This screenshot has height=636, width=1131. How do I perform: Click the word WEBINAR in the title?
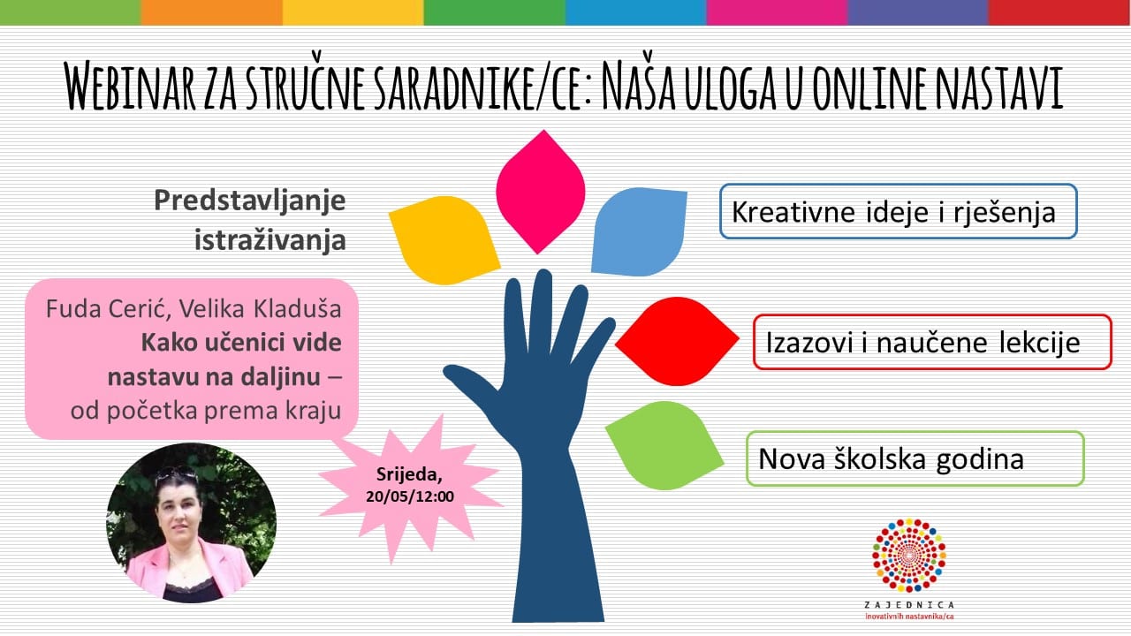(129, 85)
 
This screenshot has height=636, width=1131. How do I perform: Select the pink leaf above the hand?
(541, 192)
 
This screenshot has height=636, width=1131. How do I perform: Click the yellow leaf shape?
(444, 239)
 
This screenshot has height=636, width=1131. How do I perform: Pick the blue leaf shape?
(639, 232)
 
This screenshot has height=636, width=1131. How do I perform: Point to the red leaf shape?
(677, 341)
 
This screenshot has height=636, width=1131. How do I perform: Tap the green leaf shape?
(664, 446)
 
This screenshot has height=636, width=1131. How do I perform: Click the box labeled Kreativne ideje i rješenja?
(899, 211)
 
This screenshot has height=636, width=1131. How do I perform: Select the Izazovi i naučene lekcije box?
(932, 342)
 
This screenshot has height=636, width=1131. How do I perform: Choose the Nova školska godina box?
(915, 458)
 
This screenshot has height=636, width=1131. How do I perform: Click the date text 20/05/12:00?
(409, 496)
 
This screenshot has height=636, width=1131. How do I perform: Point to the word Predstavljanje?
(250, 201)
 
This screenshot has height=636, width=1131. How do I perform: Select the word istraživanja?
(270, 239)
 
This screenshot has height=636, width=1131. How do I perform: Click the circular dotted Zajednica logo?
(909, 556)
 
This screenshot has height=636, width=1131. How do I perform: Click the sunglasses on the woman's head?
(176, 475)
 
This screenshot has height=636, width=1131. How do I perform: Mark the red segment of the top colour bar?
(1059, 12)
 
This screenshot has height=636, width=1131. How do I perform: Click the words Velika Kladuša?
(260, 308)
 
